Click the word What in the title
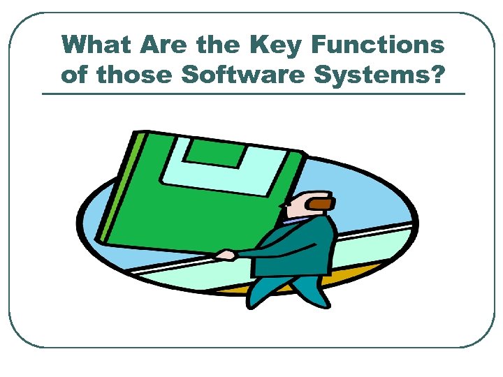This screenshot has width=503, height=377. [x=96, y=45]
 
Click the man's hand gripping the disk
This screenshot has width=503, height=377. [x=224, y=255]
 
